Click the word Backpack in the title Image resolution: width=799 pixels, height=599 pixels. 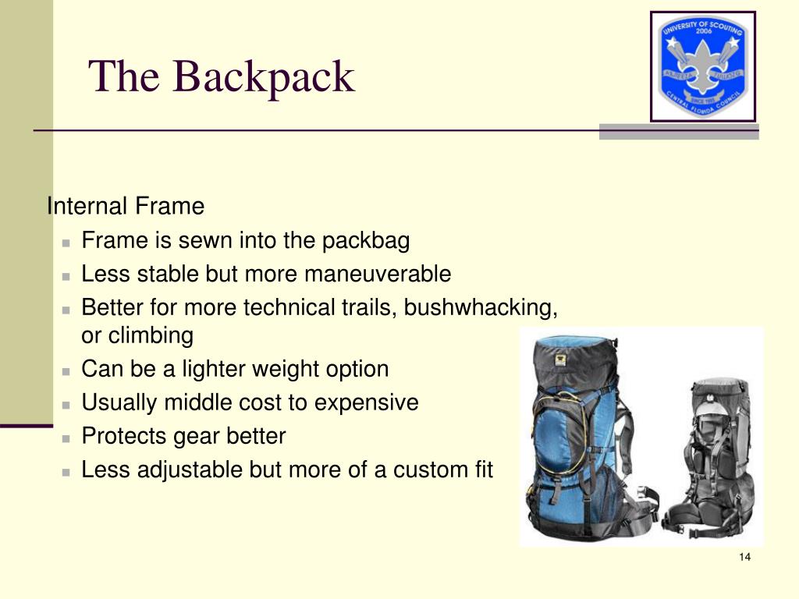click(264, 77)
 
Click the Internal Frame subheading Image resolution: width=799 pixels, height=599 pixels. click(126, 207)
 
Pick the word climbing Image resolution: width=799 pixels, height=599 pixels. click(150, 336)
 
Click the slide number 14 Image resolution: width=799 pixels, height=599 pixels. click(744, 557)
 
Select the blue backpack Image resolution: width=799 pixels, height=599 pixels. click(577, 437)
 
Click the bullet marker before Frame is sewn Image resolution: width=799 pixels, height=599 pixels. click(68, 242)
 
